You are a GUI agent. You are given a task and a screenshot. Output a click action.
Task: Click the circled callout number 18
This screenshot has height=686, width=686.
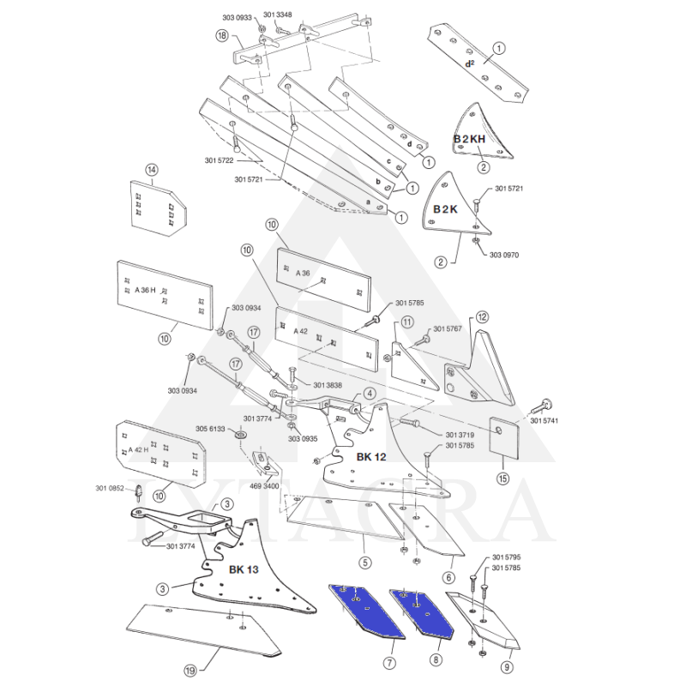coord(222,36)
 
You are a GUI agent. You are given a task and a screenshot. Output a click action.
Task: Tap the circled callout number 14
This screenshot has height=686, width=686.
coord(151,170)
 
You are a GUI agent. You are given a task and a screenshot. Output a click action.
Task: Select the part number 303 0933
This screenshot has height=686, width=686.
coord(238,17)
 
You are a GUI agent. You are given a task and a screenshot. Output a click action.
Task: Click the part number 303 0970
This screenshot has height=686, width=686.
coord(503,255)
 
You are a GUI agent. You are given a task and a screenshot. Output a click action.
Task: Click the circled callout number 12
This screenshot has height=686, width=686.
coord(482,317)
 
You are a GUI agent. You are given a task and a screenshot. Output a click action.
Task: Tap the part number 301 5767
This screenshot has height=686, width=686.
coord(448,328)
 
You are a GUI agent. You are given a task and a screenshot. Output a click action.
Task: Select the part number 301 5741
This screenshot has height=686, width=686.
coord(545,420)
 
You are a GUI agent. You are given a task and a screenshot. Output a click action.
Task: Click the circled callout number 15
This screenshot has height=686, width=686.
coord(502,477)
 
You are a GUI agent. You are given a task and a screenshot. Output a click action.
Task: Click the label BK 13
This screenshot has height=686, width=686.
coord(244,569)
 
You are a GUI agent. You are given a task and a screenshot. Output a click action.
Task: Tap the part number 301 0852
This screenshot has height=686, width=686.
coord(111,489)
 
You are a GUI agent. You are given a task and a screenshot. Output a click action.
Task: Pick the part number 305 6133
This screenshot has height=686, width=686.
coord(210,428)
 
